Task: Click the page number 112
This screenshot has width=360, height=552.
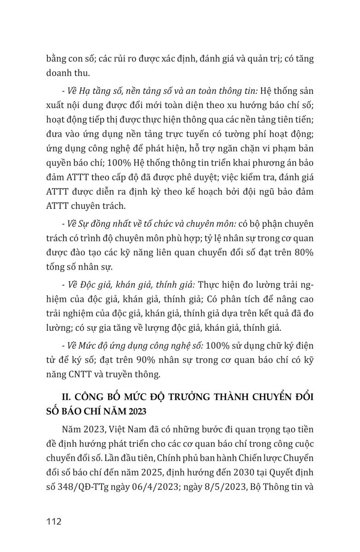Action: [54, 522]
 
